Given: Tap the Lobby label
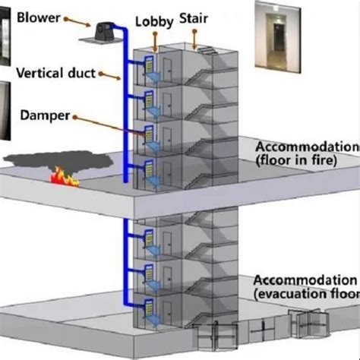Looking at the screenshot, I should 154,21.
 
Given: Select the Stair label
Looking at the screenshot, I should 194,21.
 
